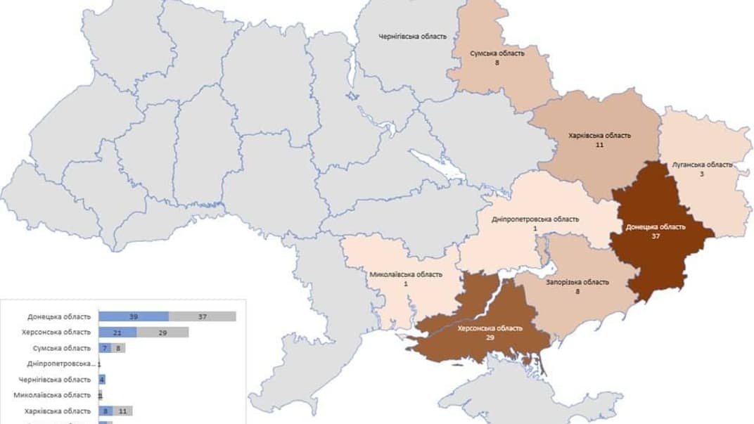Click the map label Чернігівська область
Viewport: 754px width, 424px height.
(x=412, y=36)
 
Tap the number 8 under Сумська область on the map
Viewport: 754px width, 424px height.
(x=497, y=63)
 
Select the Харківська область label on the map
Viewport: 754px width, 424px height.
(x=599, y=135)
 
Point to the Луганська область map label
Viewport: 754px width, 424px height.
(x=702, y=165)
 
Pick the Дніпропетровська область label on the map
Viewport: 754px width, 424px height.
(x=535, y=219)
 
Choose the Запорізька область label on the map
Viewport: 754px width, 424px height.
(x=577, y=282)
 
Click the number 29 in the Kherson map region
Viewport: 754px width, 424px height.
(x=490, y=338)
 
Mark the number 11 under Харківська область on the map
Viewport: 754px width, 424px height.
(x=599, y=144)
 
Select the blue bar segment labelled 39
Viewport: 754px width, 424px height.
(x=134, y=317)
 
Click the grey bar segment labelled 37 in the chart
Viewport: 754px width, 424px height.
(x=203, y=317)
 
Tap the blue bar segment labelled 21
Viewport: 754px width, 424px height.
(x=117, y=333)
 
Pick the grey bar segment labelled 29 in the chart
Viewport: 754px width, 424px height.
(x=162, y=333)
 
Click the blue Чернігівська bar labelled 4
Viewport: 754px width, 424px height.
(x=102, y=380)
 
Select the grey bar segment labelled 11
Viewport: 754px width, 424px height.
(x=122, y=411)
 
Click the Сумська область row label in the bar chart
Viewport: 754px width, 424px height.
(x=61, y=348)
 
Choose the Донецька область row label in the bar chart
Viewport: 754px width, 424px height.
(x=59, y=317)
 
